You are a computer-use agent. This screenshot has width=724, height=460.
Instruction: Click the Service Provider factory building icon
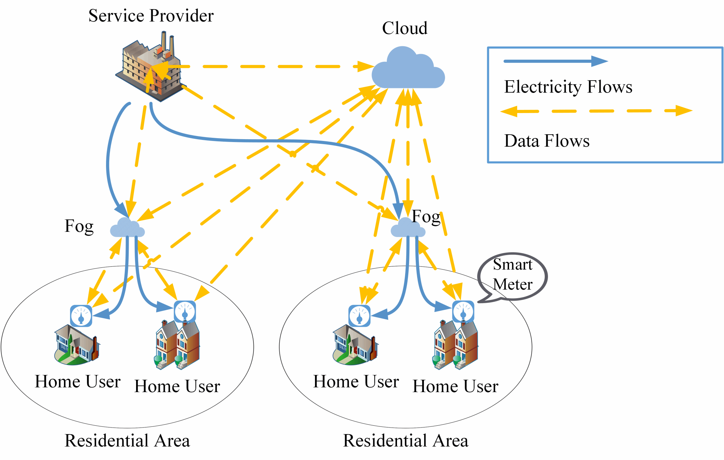tap(148, 69)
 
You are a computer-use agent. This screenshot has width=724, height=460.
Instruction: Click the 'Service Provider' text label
tap(151, 16)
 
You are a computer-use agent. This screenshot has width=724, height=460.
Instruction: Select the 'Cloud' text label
tap(404, 28)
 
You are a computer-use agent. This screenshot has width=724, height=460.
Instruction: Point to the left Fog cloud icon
tap(127, 228)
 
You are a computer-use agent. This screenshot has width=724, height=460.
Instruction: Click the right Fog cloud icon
tap(408, 228)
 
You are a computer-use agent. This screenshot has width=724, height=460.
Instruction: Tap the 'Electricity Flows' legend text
tap(568, 87)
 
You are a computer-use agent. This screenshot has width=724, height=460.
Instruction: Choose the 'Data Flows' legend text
tap(547, 141)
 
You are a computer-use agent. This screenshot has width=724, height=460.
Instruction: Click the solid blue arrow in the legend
tap(555, 61)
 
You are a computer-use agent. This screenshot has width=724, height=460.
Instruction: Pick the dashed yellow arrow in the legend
tap(596, 111)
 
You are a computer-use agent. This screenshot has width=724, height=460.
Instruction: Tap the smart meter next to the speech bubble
tap(463, 312)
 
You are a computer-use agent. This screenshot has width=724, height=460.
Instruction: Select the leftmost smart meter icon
tap(81, 315)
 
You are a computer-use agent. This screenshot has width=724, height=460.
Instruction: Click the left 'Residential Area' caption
tap(127, 441)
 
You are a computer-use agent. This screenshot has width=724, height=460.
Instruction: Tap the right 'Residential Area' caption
tap(405, 441)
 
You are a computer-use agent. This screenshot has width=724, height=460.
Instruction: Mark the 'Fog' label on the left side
tap(79, 226)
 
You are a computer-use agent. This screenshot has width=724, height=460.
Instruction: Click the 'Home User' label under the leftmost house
tap(77, 382)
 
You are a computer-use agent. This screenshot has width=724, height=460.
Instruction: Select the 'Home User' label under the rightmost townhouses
tap(455, 387)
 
